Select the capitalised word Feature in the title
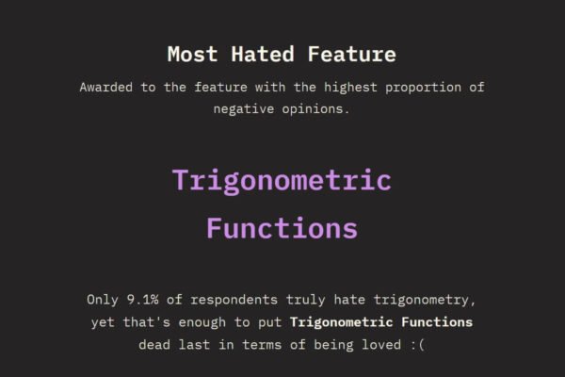(351, 54)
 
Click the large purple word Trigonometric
(282, 180)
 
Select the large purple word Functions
(282, 228)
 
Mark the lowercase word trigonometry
(427, 301)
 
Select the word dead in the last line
(155, 344)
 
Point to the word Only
(103, 301)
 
